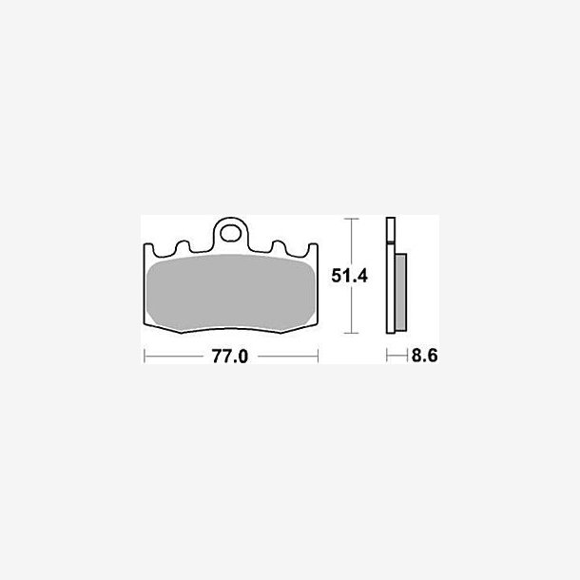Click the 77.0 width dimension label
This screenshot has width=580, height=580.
pyautogui.click(x=230, y=357)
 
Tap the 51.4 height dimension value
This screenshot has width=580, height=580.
pyautogui.click(x=350, y=276)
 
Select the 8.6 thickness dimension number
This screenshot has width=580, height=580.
pyautogui.click(x=424, y=356)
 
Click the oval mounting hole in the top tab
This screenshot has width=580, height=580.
pyautogui.click(x=230, y=233)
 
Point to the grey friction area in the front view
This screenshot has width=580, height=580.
pyautogui.click(x=230, y=293)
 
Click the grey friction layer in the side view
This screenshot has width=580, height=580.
pyautogui.click(x=400, y=292)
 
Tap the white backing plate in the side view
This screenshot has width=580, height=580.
pyautogui.click(x=391, y=276)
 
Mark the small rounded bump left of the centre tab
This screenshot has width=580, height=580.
pyautogui.click(x=184, y=245)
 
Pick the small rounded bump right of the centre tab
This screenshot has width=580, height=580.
pyautogui.click(x=279, y=245)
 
